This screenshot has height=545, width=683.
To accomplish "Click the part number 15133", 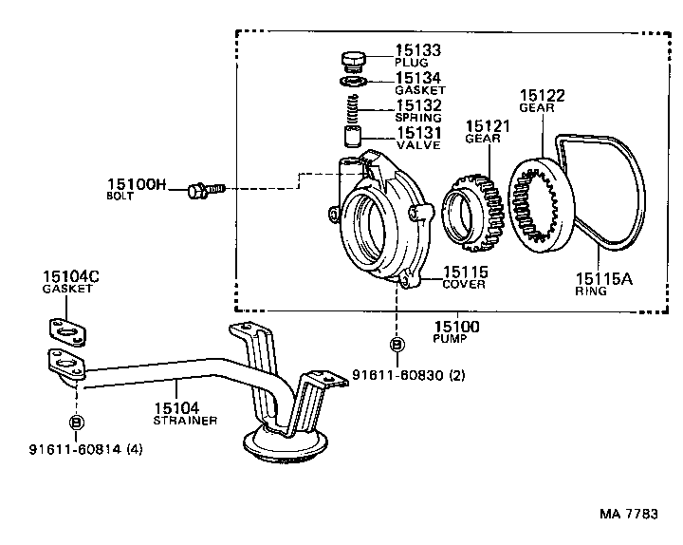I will tap(417, 50).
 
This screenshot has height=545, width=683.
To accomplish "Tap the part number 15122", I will tap(543, 95).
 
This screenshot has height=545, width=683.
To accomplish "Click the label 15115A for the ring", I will tap(600, 279).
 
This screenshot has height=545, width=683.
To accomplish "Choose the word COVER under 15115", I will tap(464, 285).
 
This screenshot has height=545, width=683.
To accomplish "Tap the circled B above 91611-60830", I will tap(397, 344).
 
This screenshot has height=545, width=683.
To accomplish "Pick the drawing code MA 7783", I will tap(628, 515).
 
